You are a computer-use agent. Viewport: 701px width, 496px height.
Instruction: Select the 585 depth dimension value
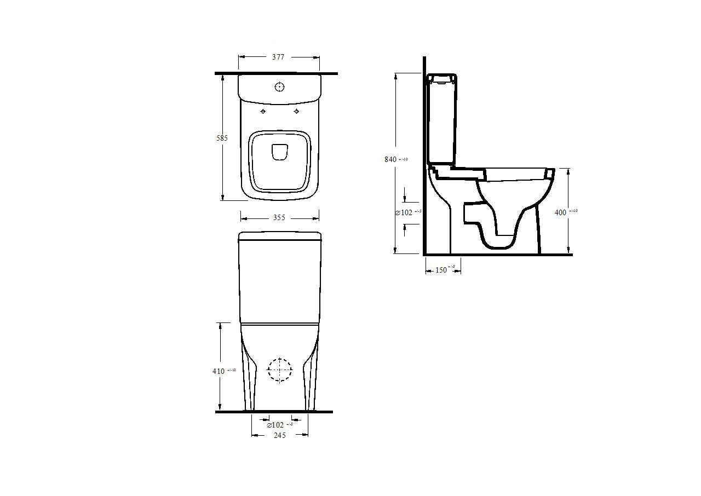pyautogui.click(x=221, y=138)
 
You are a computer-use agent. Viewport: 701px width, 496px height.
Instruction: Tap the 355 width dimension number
pyautogui.click(x=279, y=218)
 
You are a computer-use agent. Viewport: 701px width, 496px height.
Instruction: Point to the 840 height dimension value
pyautogui.click(x=390, y=159)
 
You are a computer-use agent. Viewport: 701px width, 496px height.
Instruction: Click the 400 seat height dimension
pyautogui.click(x=561, y=212)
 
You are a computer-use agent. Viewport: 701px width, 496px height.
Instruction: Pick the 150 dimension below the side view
pyautogui.click(x=441, y=270)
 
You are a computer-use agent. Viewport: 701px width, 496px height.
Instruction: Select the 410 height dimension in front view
pyautogui.click(x=219, y=371)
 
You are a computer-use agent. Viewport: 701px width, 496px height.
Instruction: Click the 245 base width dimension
pyautogui.click(x=279, y=435)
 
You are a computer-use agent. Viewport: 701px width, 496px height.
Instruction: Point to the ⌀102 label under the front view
pyautogui.click(x=275, y=425)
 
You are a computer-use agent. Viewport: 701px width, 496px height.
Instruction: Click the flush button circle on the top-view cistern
pyautogui.click(x=280, y=86)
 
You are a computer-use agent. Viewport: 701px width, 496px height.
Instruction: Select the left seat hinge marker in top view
pyautogui.click(x=263, y=112)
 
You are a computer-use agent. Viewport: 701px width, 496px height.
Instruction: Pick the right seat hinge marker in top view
pyautogui.click(x=297, y=112)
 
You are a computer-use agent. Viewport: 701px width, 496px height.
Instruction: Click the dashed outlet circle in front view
pyautogui.click(x=280, y=370)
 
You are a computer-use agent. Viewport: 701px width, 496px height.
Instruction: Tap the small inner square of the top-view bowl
pyautogui.click(x=279, y=152)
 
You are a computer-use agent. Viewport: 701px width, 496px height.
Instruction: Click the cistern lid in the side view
pyautogui.click(x=441, y=78)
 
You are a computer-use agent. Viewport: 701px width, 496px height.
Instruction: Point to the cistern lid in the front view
pyautogui.click(x=279, y=236)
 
